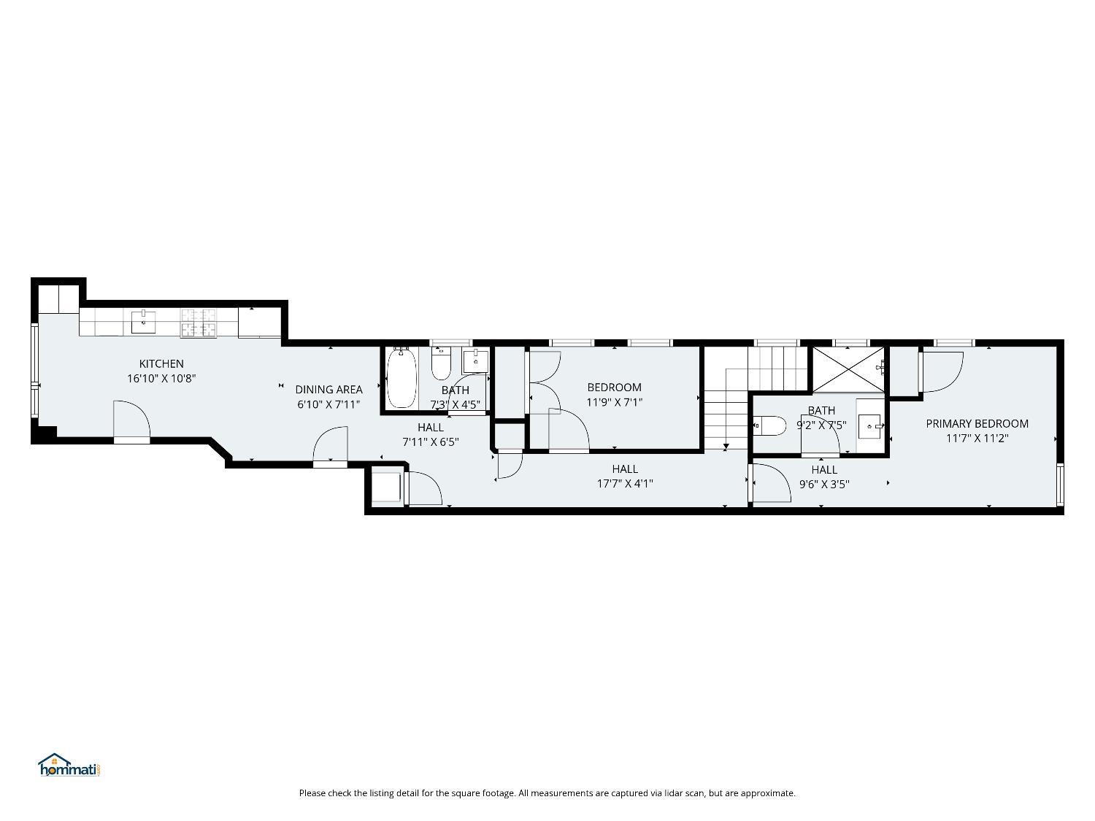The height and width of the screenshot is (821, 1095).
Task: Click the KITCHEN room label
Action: coord(161,364)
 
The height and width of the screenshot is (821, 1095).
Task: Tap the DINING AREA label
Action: coord(328,389)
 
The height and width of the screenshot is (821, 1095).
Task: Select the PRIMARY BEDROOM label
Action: coord(977,424)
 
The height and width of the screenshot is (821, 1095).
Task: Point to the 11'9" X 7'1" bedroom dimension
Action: coord(614,402)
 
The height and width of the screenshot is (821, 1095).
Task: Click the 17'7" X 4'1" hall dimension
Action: coord(625,484)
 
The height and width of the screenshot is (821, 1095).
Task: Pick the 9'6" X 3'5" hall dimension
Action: coord(824,485)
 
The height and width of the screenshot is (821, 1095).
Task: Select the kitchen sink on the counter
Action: coord(143,322)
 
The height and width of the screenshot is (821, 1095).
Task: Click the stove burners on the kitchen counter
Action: coord(199,323)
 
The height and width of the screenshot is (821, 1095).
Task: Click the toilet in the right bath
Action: coord(769,425)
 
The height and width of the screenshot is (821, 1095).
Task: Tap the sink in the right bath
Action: coord(871,426)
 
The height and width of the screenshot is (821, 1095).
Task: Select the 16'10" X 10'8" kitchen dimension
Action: coord(161,379)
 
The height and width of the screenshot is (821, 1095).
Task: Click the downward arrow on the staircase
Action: coord(726,446)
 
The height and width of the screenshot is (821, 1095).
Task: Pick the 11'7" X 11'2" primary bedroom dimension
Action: coord(977,439)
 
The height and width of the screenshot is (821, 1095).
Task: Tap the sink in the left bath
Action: coord(475,361)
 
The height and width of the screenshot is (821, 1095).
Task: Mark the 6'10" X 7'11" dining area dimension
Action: coord(328,404)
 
